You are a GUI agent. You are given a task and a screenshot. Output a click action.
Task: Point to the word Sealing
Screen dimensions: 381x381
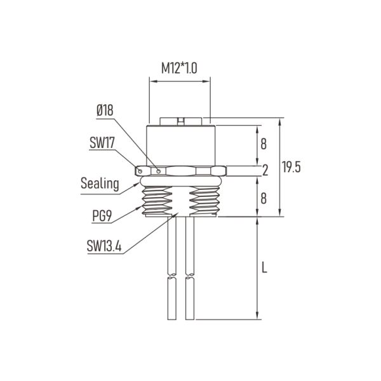pyautogui.click(x=100, y=184)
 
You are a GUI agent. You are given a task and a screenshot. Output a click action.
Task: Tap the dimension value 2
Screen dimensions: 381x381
pyautogui.click(x=264, y=170)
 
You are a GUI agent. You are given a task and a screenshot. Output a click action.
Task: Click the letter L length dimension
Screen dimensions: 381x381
pyautogui.click(x=264, y=267)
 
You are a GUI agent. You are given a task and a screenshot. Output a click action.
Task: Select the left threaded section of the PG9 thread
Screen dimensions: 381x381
pyautogui.click(x=155, y=201)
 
